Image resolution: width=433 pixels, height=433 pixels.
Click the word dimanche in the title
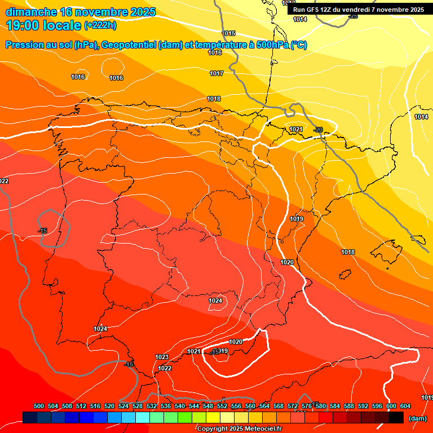pos(31,12)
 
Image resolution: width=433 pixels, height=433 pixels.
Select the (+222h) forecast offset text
pos(100,25)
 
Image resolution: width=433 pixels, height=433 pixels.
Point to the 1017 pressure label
pos(216,74)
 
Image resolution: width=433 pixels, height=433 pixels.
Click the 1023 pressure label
pos(162,357)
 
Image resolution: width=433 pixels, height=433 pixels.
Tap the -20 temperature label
pos(319,130)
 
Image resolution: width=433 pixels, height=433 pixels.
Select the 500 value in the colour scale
pos(39,406)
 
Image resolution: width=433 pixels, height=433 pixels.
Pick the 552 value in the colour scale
pos(222,406)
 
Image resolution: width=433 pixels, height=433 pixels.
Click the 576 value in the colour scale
pos(307,406)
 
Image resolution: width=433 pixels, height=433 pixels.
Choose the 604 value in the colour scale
pos(405,406)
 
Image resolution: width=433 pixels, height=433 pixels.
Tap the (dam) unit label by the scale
pos(417,418)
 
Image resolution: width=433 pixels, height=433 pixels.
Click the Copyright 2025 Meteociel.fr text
pos(239,429)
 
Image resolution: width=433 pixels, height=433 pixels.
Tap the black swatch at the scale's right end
pos(396,418)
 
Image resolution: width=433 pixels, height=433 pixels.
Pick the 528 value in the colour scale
pos(138,406)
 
